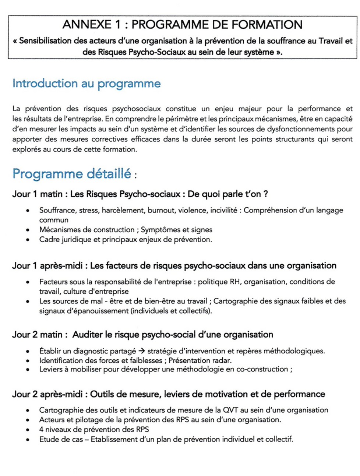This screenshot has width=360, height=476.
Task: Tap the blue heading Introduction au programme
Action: (x=87, y=84)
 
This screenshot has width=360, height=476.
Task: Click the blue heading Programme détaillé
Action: (x=72, y=173)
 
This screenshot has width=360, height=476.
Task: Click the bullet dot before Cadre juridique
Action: (x=28, y=240)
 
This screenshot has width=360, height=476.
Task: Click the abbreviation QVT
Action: (x=230, y=410)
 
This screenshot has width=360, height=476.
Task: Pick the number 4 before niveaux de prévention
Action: (x=41, y=430)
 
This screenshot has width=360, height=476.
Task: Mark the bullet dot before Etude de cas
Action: (x=28, y=440)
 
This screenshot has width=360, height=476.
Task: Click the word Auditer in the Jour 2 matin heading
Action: (x=87, y=335)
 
